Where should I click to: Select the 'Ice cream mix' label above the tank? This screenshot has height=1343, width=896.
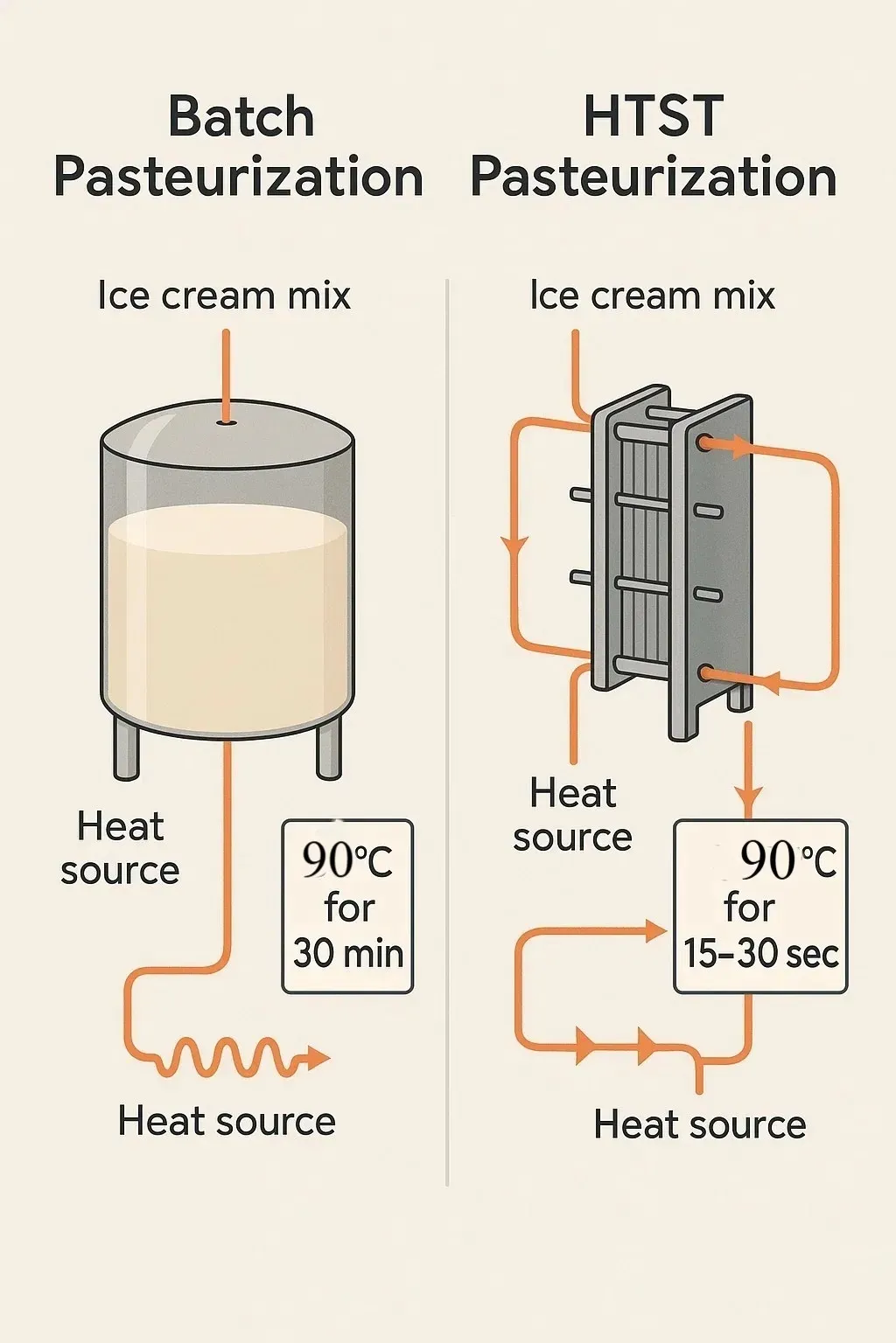point(224,296)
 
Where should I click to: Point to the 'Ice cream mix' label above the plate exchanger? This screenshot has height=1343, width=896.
point(653,296)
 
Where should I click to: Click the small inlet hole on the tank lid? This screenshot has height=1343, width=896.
point(227,422)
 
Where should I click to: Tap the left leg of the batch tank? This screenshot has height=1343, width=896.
point(125,748)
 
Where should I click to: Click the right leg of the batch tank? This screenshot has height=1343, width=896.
point(329,748)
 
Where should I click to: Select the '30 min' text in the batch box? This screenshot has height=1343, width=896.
point(348,954)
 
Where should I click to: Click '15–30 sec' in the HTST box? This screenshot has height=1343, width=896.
point(761,954)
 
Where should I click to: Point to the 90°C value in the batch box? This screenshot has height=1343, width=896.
point(347,862)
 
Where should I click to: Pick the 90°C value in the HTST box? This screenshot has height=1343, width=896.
point(787,861)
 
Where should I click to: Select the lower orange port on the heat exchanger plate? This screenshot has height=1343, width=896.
point(706,674)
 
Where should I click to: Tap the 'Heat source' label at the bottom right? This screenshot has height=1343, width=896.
point(700,1124)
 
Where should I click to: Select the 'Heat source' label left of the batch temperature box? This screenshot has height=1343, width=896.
point(120,848)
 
